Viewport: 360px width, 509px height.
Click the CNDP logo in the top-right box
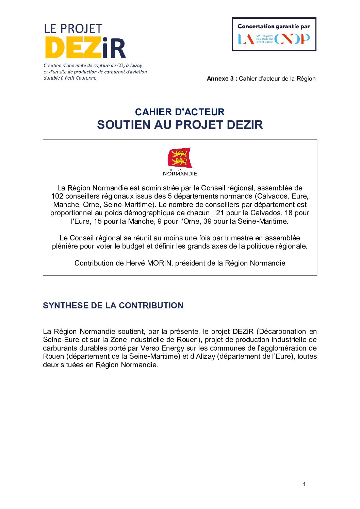[x=292, y=39]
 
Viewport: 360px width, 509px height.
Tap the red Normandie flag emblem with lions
[x=180, y=157]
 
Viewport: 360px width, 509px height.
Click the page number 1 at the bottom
[x=304, y=484]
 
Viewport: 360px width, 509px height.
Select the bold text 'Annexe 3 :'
[x=222, y=79]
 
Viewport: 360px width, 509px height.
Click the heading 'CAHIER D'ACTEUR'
[x=180, y=112]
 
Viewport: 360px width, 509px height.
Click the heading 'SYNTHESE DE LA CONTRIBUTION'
[x=113, y=305]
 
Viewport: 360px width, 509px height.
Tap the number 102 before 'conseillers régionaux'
[x=57, y=196]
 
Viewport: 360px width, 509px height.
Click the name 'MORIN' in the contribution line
[x=160, y=263]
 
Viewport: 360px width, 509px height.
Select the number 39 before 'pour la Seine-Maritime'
[x=208, y=221]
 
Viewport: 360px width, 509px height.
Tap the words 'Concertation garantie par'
[x=274, y=27]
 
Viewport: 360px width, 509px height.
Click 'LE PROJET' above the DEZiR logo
[x=73, y=29]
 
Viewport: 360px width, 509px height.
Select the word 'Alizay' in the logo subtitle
[x=136, y=65]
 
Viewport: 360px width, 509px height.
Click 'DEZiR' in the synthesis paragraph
[x=243, y=332]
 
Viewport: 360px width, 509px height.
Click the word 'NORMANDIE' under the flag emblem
[x=180, y=174]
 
